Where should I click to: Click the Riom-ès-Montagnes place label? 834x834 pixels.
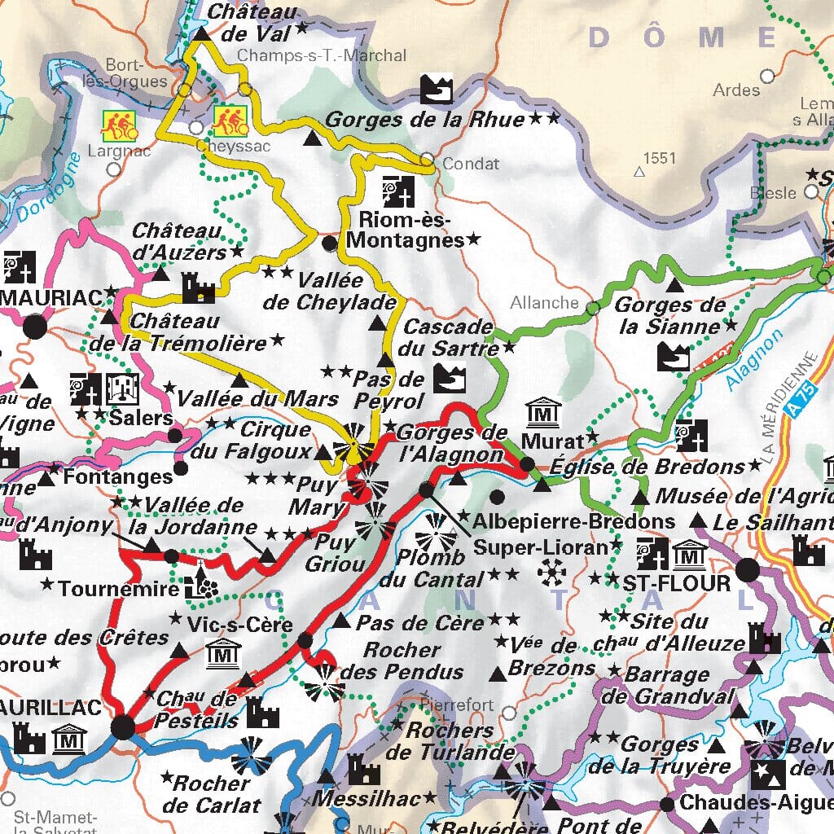(405, 230)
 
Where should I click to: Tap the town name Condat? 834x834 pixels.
(471, 164)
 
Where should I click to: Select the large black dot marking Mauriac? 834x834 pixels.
(35, 327)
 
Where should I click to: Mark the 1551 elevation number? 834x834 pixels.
(659, 158)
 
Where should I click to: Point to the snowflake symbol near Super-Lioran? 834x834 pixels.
(551, 574)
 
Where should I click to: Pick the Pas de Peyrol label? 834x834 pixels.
(388, 389)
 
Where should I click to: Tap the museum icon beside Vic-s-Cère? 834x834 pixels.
(222, 653)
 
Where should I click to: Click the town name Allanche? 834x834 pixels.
(544, 303)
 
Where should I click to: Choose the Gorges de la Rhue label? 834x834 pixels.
(424, 120)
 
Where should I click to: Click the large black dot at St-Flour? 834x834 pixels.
(748, 570)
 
